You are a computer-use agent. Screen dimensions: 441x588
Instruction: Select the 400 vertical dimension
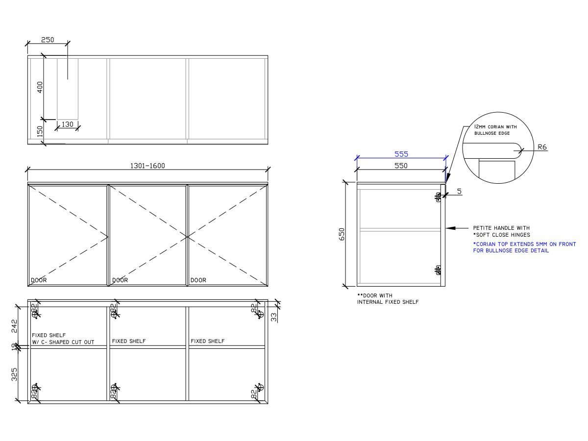(40, 87)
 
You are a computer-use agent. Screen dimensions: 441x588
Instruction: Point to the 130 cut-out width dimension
(67, 124)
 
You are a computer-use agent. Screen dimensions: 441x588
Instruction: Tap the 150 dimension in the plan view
(40, 132)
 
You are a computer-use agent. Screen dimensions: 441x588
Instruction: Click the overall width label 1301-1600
(147, 166)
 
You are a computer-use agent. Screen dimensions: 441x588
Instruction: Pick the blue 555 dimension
(401, 154)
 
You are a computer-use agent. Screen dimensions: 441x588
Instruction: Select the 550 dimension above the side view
(401, 166)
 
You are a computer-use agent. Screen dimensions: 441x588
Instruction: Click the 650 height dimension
(342, 234)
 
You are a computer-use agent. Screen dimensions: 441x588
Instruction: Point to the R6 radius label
(542, 147)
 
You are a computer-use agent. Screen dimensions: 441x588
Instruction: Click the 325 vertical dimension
(14, 374)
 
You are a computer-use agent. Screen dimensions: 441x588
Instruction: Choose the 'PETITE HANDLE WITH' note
(501, 228)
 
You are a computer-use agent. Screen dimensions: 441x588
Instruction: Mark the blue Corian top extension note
(524, 247)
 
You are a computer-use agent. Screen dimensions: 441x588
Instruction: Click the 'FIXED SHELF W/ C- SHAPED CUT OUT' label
(63, 339)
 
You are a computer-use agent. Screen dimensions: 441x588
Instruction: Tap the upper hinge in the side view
(438, 197)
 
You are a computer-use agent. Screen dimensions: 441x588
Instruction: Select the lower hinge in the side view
(438, 269)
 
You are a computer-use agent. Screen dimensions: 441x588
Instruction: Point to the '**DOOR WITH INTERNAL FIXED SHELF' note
(388, 299)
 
